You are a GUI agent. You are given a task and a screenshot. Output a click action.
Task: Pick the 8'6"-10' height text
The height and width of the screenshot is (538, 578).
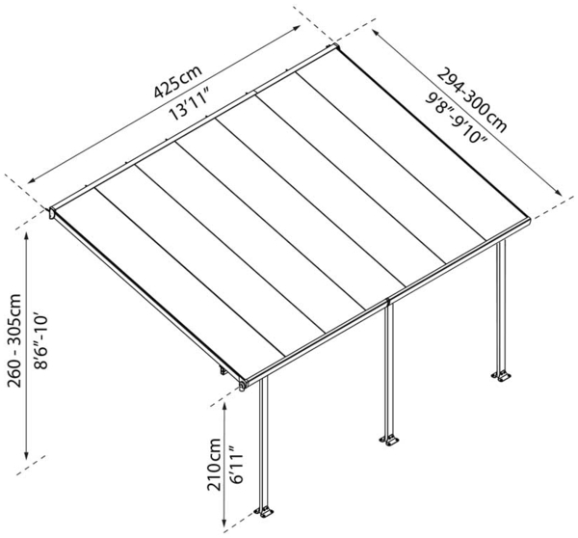(x=40, y=333)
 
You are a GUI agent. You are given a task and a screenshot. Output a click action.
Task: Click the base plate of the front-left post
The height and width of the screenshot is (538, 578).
(x=264, y=510)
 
